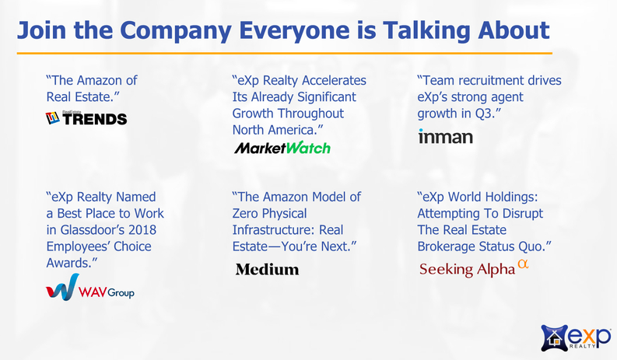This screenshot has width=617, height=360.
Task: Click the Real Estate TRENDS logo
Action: pos(86,118)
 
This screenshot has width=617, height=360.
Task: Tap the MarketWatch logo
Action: pos(282,148)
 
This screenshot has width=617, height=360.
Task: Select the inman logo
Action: pos(445,136)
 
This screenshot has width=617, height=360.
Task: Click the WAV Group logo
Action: pos(90,288)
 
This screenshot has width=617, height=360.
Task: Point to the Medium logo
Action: pos(267,270)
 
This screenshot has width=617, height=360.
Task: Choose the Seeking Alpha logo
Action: pos(474,268)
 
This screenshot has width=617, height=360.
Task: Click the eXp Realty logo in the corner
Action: pos(576,338)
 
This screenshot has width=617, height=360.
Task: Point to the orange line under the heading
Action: pos(285,53)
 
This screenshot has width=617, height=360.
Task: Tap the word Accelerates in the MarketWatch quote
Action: pos(334,80)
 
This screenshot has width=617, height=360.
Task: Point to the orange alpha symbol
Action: pos(523,264)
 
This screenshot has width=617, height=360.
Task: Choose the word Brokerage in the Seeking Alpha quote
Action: pos(444,246)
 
